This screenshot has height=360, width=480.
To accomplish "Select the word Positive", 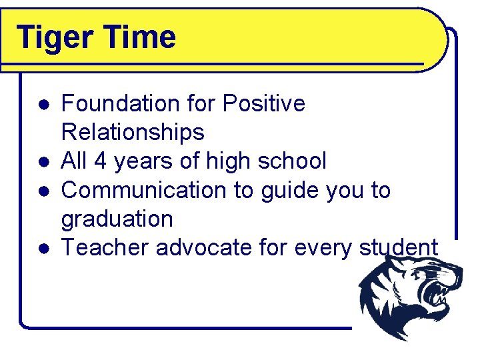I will click(x=264, y=104).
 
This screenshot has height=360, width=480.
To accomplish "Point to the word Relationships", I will click(x=133, y=133).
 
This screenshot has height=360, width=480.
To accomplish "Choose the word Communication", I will click(x=144, y=190).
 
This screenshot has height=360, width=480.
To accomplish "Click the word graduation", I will click(x=117, y=220).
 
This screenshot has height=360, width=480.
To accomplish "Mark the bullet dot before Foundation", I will click(x=42, y=105).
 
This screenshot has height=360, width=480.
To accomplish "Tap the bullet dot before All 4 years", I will click(x=42, y=163).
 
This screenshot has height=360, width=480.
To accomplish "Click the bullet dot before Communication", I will click(x=42, y=191).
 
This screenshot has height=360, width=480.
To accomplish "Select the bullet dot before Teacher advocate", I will click(x=42, y=249).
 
